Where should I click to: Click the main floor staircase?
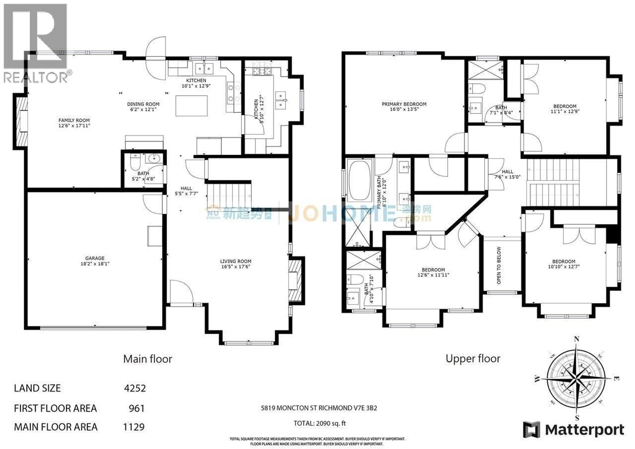tap(229, 195)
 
